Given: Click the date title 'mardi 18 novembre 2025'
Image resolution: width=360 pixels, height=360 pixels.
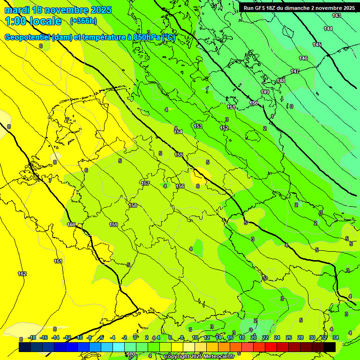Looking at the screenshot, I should (x=58, y=10).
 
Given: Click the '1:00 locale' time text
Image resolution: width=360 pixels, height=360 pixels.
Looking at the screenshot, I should (x=33, y=21).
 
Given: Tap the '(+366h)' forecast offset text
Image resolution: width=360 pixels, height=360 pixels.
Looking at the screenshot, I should (x=83, y=21).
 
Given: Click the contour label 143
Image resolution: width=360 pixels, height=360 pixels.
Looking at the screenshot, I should (x=337, y=16).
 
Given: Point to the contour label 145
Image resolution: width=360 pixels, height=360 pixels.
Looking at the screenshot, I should (x=317, y=45).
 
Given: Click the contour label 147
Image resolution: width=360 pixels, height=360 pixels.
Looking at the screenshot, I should (x=295, y=71).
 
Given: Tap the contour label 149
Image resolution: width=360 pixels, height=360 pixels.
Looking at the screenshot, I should (x=265, y=92).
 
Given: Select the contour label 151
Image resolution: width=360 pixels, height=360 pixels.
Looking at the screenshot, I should (x=231, y=107).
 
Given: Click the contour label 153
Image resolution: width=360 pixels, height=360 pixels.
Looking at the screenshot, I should (x=198, y=126).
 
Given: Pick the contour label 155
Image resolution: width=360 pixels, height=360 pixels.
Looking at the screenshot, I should (x=179, y=155).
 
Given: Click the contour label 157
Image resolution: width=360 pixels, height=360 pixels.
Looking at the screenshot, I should (x=145, y=183).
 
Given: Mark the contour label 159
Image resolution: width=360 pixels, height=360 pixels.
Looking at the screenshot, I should (x=113, y=225).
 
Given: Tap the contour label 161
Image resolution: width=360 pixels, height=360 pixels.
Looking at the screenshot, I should (x=58, y=261).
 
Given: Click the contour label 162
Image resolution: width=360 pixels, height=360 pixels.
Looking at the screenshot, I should (x=22, y=274).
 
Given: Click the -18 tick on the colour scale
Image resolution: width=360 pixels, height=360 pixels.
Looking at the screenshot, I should (x=32, y=337).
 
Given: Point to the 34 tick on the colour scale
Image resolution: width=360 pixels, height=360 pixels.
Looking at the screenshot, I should (x=335, y=337).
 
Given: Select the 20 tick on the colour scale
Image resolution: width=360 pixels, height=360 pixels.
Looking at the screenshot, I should (x=253, y=337).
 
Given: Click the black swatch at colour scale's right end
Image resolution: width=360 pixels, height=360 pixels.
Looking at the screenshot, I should (x=330, y=347).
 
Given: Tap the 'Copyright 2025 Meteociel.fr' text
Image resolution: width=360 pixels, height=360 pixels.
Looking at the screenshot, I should (x=199, y=357).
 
